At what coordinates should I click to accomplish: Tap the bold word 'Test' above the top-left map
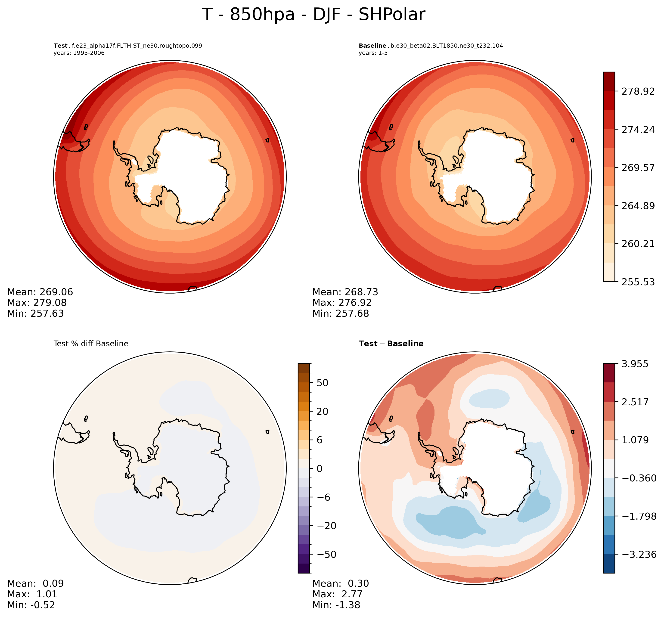point(60,46)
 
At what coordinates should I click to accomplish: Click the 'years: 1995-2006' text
point(79,53)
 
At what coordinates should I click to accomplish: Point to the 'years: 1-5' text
point(373,53)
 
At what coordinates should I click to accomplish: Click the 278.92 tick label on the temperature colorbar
point(638,91)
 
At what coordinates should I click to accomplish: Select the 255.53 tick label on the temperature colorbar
point(638,282)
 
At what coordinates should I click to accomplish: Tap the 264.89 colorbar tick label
point(638,206)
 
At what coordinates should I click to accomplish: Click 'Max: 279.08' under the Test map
point(37,303)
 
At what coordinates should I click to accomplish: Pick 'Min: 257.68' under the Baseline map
point(341,313)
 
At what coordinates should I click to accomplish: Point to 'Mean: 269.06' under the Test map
point(40,292)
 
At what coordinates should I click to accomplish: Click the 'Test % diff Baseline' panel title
point(91,344)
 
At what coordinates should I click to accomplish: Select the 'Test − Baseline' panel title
point(391,344)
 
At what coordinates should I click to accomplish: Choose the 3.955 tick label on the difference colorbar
point(635,364)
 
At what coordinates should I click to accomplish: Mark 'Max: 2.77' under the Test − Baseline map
point(337,594)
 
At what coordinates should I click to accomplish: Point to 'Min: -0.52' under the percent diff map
point(31,605)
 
